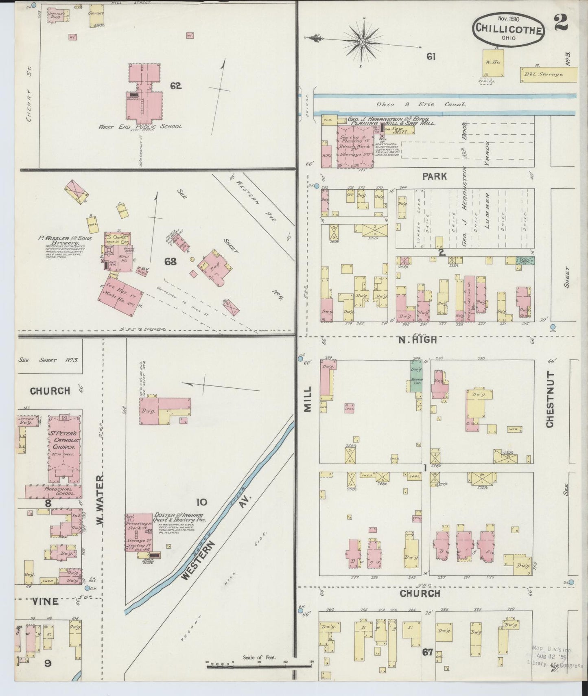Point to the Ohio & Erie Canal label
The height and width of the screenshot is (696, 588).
tap(421, 104)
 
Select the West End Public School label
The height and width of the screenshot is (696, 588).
tap(140, 127)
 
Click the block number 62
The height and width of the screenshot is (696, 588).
tap(176, 86)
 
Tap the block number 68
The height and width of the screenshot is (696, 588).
tap(170, 261)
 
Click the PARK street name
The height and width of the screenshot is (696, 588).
tap(434, 176)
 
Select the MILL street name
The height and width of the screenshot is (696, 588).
tap(307, 399)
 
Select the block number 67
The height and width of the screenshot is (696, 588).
tap(427, 664)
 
